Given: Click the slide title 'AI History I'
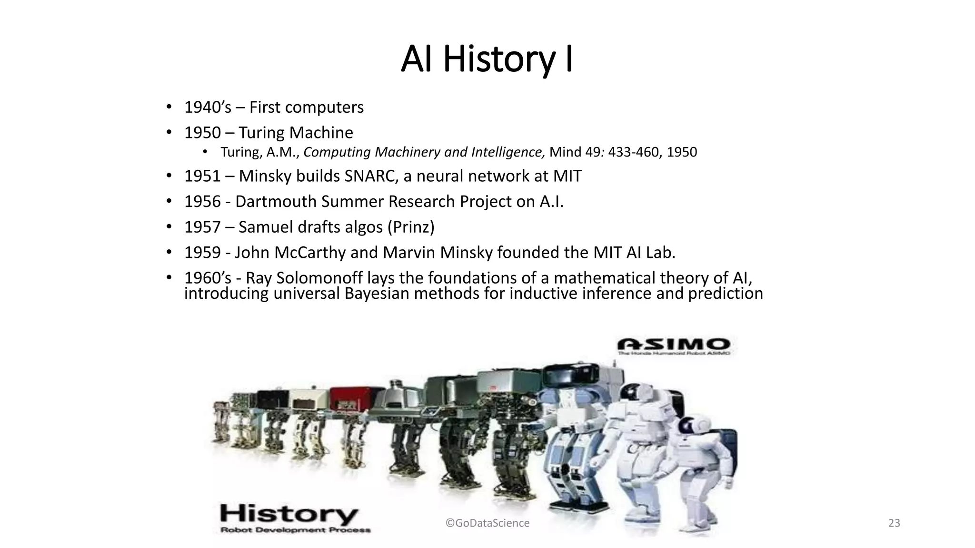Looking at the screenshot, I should pos(487,59).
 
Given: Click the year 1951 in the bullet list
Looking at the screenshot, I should pos(202,176).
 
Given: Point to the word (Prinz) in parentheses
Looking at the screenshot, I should pos(411,227).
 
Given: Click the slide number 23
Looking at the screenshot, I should pos(894,523).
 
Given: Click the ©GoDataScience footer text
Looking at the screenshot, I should pos(487,523).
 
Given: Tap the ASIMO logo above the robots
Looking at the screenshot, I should pos(673,344).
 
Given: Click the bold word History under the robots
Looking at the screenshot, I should pos(289,515).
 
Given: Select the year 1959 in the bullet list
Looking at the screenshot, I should pos(202,253).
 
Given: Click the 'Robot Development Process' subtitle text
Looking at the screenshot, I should pos(295,530).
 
